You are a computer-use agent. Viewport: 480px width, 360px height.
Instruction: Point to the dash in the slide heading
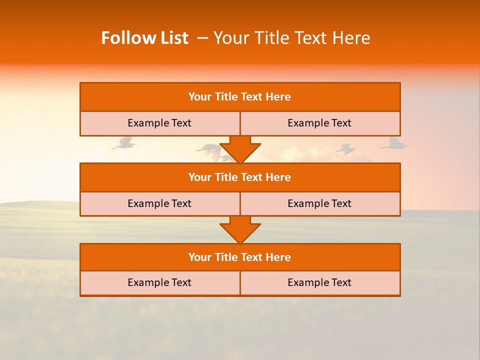pyautogui.click(x=203, y=38)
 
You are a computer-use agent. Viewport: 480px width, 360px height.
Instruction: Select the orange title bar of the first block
pyautogui.click(x=240, y=97)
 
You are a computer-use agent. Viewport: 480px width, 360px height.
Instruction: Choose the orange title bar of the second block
pyautogui.click(x=240, y=177)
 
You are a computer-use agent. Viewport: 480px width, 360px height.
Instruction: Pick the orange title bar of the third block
pyautogui.click(x=240, y=257)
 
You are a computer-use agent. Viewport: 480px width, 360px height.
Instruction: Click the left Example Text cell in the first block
pyautogui.click(x=159, y=123)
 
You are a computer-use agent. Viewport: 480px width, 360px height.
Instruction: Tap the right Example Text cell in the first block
pyautogui.click(x=319, y=123)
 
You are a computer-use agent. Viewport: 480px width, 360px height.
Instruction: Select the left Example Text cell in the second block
pyautogui.click(x=159, y=204)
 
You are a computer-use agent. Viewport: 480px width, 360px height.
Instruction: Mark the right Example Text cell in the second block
pyautogui.click(x=319, y=204)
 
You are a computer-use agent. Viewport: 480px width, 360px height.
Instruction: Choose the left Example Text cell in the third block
pyautogui.click(x=159, y=283)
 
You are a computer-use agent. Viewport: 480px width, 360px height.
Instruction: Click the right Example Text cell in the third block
pyautogui.click(x=319, y=283)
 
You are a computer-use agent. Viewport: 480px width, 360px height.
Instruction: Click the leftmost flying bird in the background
pyautogui.click(x=124, y=144)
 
